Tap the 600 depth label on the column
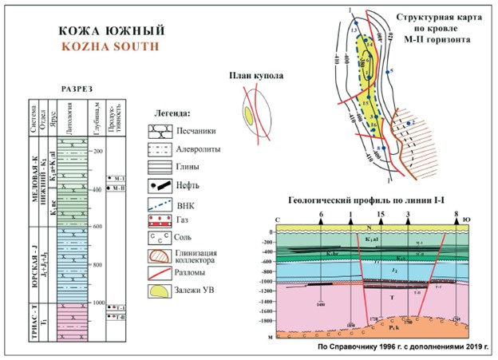pyautogui.click(x=98, y=227)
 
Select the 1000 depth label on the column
pyautogui.click(x=98, y=304)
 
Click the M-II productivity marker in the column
pyautogui.click(x=117, y=188)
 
